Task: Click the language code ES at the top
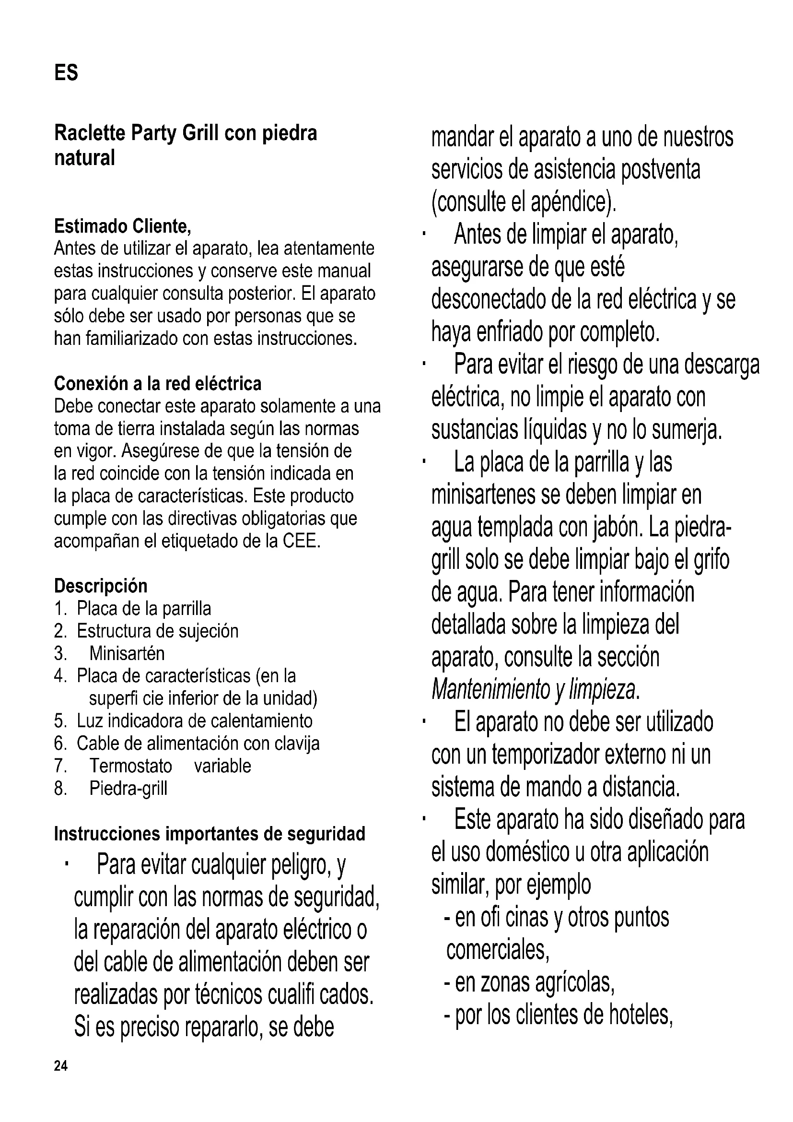coord(66,73)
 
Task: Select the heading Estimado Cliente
coord(123,226)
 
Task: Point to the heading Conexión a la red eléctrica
coord(158,384)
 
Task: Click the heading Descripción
coord(101,585)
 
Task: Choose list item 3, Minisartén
coord(127,653)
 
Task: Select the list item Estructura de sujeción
coord(157,631)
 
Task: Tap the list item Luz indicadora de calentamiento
coord(194,721)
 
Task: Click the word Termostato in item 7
coord(130,766)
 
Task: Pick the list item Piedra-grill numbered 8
coord(128,788)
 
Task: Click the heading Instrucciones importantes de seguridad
coord(210,834)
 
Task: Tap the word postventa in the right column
coord(661,169)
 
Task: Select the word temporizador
coord(545,755)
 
